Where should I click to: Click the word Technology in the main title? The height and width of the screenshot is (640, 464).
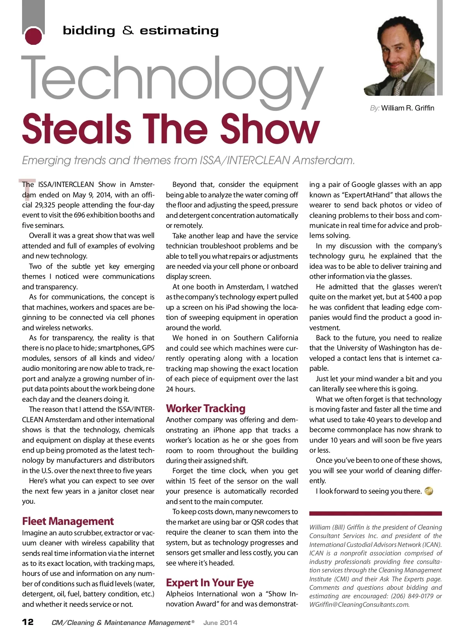point(172,79)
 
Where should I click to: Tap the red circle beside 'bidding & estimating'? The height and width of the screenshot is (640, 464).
point(33,36)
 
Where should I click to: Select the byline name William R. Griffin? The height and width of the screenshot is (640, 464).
point(408,108)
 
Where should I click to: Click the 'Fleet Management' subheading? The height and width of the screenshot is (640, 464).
point(68,521)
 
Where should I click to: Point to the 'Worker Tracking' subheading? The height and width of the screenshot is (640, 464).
point(206,409)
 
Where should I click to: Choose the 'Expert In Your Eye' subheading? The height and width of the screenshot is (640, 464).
point(210,582)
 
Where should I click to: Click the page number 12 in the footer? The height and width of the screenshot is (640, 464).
point(28,622)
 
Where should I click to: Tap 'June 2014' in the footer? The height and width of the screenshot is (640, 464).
point(220,623)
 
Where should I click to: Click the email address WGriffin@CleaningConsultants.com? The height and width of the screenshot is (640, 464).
point(359,604)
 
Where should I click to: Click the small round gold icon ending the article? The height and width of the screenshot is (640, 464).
point(429,491)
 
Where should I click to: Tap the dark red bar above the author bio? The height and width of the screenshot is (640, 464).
point(375,513)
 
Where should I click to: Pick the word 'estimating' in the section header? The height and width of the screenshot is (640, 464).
point(179,31)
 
